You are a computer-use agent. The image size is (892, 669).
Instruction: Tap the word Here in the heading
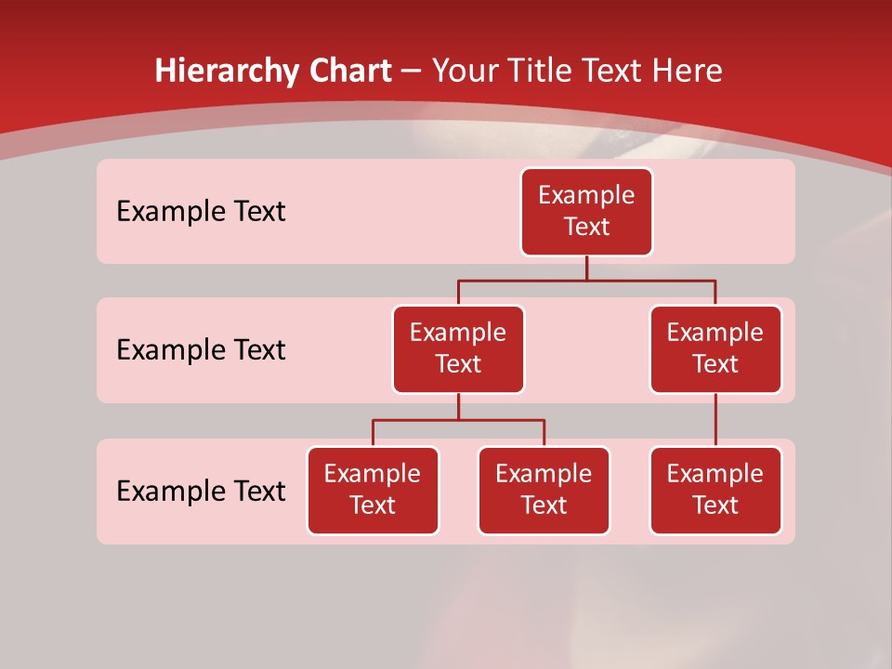pos(689,72)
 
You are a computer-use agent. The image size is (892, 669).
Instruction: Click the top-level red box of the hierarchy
pos(586,212)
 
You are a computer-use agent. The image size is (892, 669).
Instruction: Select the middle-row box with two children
pos(458,349)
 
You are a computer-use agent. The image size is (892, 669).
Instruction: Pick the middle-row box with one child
pos(715,349)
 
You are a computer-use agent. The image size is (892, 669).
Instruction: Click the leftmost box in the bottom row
pos(373,491)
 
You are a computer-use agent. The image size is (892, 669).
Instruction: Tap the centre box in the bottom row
pos(544,491)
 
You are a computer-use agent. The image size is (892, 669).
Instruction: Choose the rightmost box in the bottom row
pos(715,491)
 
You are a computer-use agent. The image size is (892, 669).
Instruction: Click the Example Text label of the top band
pos(201,212)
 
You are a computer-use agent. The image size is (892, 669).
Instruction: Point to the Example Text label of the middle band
pos(201,350)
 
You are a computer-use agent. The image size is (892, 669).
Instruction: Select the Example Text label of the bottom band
pos(201,492)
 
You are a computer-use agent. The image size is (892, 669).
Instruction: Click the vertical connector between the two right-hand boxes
pos(715,420)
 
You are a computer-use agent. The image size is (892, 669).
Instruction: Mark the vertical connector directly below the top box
pos(586,268)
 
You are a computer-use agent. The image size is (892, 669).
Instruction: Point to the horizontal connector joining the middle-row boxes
pos(586,280)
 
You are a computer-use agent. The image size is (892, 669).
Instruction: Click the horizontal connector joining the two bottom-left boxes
pos(458,420)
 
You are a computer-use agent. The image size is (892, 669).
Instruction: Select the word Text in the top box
pos(586,228)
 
